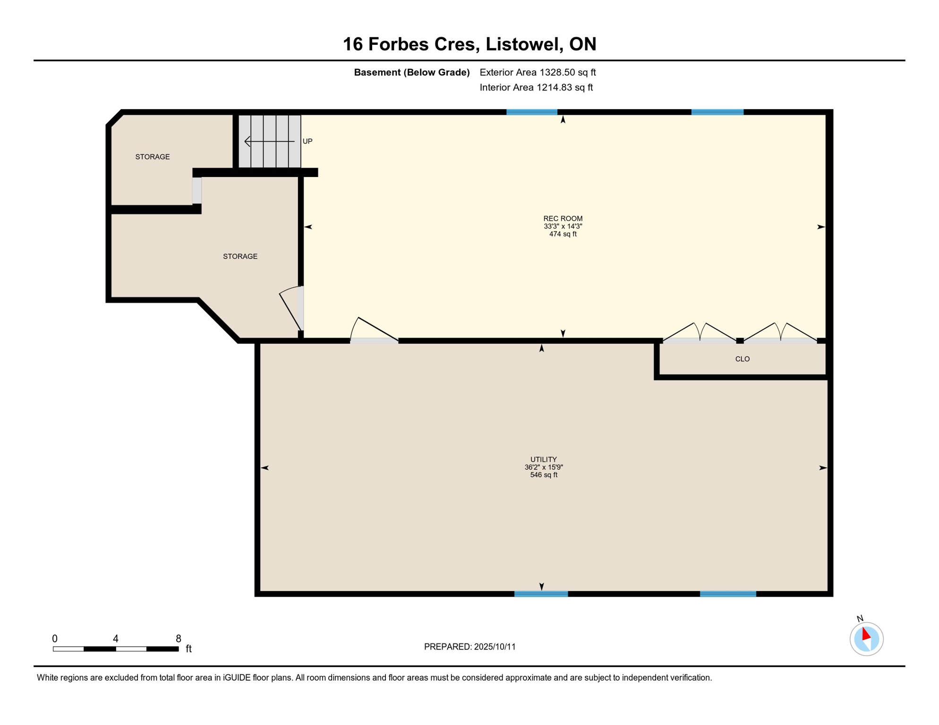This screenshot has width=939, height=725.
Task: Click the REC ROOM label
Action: point(563,219)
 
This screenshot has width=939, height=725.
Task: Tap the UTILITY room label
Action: point(544,459)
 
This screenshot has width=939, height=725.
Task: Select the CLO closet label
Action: point(742,359)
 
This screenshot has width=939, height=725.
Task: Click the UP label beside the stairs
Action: point(307,141)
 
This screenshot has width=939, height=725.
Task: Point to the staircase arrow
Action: point(269,141)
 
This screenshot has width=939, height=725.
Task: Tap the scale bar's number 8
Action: point(179,639)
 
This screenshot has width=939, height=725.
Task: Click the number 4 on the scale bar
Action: point(116,639)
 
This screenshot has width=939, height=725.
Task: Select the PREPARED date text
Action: point(469,647)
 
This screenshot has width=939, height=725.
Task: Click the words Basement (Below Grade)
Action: point(412,72)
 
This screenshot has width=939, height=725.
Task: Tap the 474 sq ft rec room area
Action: point(563,234)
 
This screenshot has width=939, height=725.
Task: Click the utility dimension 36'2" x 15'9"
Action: point(544,467)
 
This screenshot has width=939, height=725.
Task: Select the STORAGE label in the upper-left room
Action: point(153,157)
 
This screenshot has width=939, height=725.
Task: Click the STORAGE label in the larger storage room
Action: point(240,256)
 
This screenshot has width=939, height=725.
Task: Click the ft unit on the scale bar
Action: point(188,649)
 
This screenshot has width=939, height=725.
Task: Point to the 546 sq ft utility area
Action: point(544,475)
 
